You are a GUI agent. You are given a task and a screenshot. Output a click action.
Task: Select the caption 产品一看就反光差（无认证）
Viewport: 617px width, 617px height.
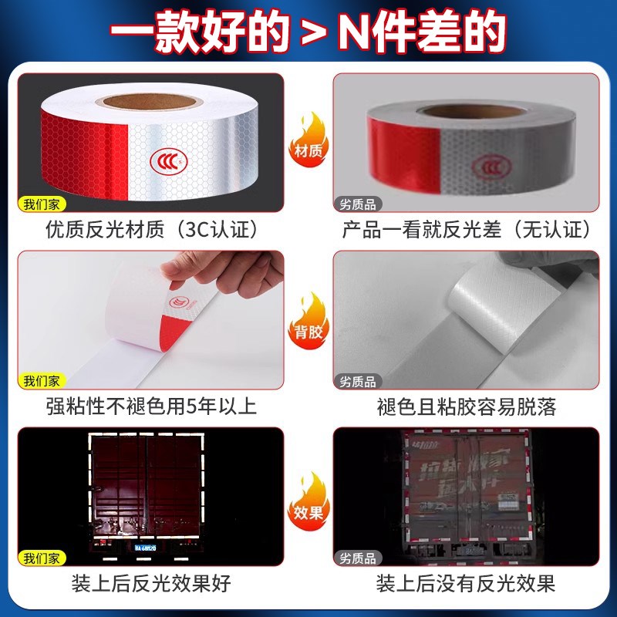[467, 229]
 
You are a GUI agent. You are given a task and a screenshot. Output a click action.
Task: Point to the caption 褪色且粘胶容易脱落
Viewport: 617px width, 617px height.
[467, 406]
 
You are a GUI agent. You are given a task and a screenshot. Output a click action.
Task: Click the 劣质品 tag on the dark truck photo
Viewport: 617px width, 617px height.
[358, 558]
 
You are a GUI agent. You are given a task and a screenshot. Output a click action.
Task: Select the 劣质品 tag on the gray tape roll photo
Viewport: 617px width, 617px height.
[358, 204]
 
